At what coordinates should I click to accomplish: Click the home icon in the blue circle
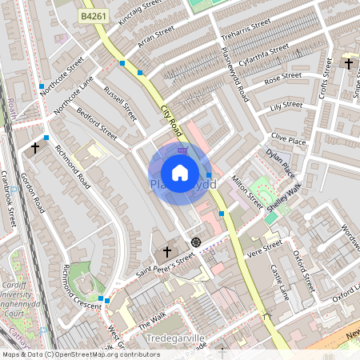(180, 172)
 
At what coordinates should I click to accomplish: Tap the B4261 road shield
(93, 15)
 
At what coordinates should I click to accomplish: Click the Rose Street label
(282, 78)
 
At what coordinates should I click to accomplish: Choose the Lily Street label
(287, 105)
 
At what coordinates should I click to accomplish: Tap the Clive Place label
(289, 140)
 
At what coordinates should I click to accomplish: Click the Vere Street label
(265, 247)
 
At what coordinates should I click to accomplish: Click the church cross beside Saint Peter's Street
(167, 252)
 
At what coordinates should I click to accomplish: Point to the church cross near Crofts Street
(349, 63)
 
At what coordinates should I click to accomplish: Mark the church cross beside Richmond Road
(34, 147)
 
